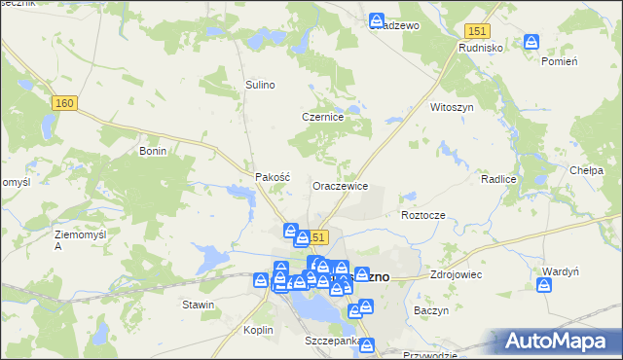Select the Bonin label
point(154,152)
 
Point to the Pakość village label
point(273,177)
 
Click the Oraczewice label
point(340,185)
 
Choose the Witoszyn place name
point(452,107)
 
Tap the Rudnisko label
point(480,46)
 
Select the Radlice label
point(497,180)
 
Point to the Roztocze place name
point(422,214)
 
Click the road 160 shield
point(66,103)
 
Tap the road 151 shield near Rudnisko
point(475,31)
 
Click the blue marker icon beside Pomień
point(531,42)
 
